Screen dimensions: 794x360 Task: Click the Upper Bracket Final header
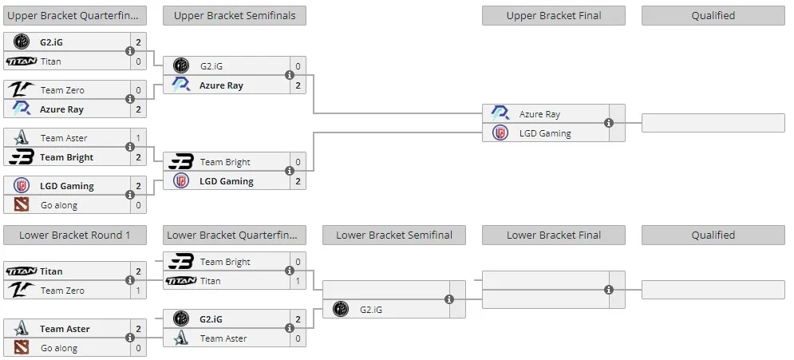(x=554, y=16)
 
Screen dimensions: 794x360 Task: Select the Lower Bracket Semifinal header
(x=394, y=235)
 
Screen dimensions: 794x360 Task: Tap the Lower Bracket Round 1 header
(x=75, y=235)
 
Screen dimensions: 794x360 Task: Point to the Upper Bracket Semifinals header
(x=235, y=16)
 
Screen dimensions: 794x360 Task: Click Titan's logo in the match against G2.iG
(x=22, y=61)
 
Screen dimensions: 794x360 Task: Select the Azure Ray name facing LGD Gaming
(x=539, y=114)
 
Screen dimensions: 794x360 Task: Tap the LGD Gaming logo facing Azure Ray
(x=500, y=133)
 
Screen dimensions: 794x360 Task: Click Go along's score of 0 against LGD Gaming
(x=138, y=206)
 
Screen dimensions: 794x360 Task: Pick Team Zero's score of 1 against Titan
(x=138, y=291)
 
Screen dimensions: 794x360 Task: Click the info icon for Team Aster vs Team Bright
(x=130, y=147)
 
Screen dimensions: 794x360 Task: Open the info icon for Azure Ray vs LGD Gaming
(x=609, y=123)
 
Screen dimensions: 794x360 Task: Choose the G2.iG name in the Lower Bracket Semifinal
(x=371, y=310)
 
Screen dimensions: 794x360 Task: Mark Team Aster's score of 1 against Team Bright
(x=138, y=138)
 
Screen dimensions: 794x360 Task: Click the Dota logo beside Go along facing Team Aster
(x=22, y=348)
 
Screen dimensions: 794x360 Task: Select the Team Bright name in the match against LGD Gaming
(x=225, y=162)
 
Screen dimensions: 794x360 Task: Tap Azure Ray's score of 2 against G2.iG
(x=298, y=85)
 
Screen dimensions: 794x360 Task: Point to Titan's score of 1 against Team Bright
(x=298, y=281)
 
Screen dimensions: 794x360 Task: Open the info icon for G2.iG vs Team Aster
(x=290, y=328)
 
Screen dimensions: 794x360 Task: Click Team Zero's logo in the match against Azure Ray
(x=22, y=90)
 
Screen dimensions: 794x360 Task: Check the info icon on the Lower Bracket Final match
(x=609, y=290)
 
